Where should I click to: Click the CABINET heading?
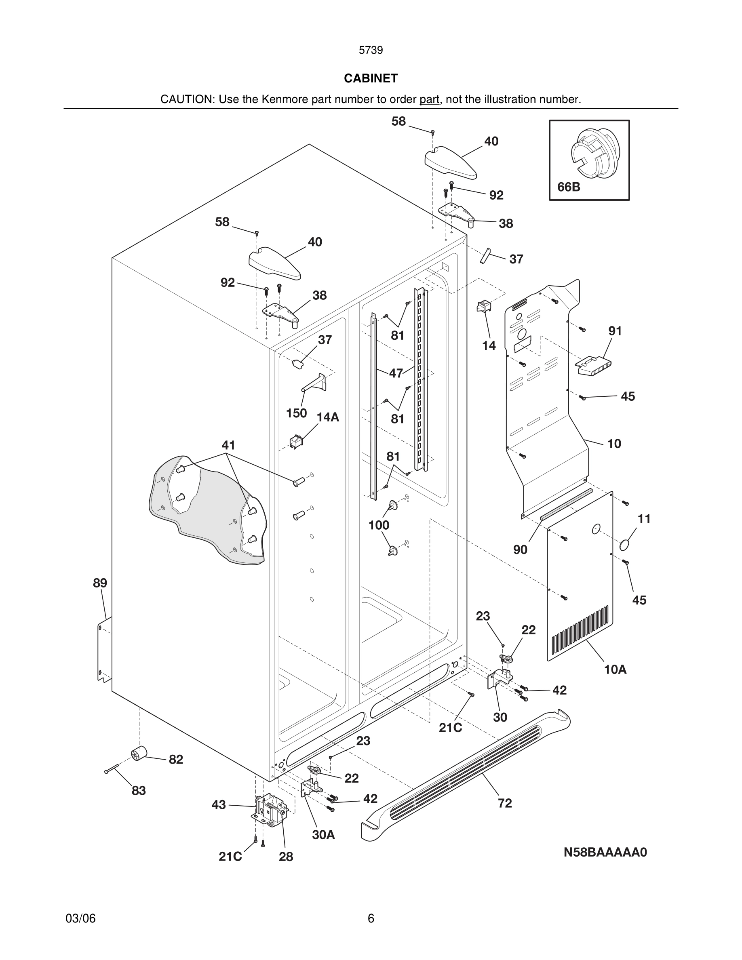tap(371, 78)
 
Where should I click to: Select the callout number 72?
tap(505, 804)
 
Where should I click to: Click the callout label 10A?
tap(615, 669)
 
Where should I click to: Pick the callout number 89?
tap(100, 583)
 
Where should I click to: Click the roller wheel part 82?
tap(139, 754)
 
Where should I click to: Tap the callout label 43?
tap(219, 805)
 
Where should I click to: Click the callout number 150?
tap(296, 413)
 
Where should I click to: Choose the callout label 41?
tap(228, 445)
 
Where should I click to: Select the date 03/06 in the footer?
tap(80, 918)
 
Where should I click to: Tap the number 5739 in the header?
tap(371, 51)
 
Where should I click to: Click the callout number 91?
tap(615, 331)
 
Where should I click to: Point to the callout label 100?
tap(378, 525)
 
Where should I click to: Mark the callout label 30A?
tap(324, 835)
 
